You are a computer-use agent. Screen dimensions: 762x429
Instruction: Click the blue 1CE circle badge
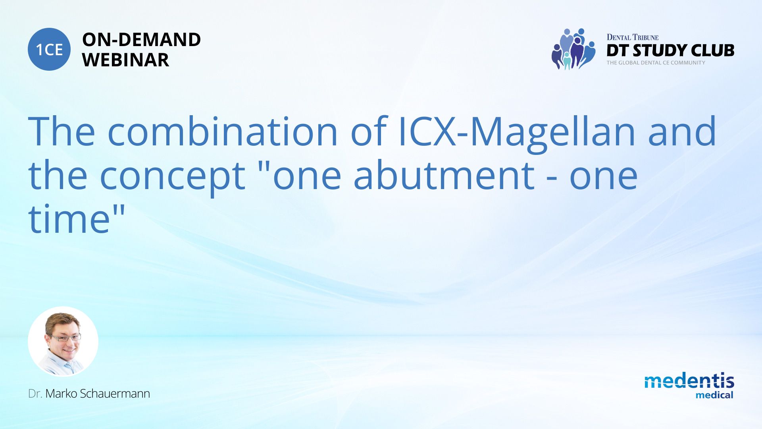(49, 49)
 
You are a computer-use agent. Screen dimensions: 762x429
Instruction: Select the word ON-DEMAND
(141, 40)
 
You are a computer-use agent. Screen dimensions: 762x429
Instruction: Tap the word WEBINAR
(125, 60)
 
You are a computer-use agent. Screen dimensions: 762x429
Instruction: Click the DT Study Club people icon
(573, 49)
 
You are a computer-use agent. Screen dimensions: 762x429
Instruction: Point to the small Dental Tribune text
(633, 37)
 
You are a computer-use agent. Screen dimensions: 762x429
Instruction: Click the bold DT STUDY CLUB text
(670, 50)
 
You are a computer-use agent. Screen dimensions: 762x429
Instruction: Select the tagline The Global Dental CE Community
(656, 63)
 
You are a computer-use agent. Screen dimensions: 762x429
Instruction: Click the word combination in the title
(223, 131)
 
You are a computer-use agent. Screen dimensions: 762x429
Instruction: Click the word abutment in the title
(444, 174)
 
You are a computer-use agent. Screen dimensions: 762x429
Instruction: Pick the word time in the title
(69, 218)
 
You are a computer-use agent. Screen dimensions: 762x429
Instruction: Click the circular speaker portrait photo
(63, 342)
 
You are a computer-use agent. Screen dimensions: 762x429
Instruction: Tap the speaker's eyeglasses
(65, 338)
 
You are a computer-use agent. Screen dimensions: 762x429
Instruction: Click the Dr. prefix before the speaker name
(35, 394)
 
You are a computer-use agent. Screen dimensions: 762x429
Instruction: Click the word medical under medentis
(714, 395)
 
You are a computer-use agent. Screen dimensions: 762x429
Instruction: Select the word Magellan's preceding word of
(368, 131)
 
